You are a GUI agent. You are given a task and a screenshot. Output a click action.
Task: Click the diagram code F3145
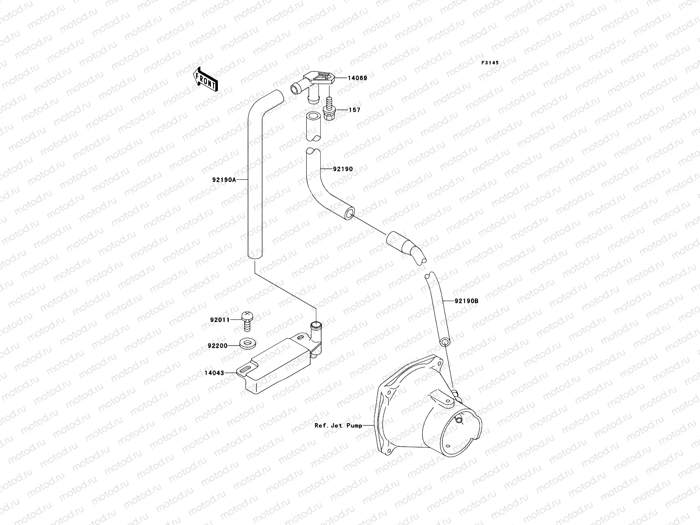click(490, 63)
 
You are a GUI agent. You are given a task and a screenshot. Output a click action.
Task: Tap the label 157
click(354, 110)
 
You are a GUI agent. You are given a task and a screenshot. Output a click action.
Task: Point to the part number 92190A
click(224, 180)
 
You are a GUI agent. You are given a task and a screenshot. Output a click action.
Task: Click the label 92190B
click(466, 301)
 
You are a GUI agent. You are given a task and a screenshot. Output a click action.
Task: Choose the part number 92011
click(220, 320)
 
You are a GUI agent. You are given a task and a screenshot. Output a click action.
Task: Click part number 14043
click(214, 373)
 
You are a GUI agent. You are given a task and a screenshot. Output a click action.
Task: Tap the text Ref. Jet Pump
click(338, 425)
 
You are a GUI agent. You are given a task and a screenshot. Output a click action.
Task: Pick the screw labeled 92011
click(248, 322)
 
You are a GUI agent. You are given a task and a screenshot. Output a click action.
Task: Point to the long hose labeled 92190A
click(255, 184)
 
